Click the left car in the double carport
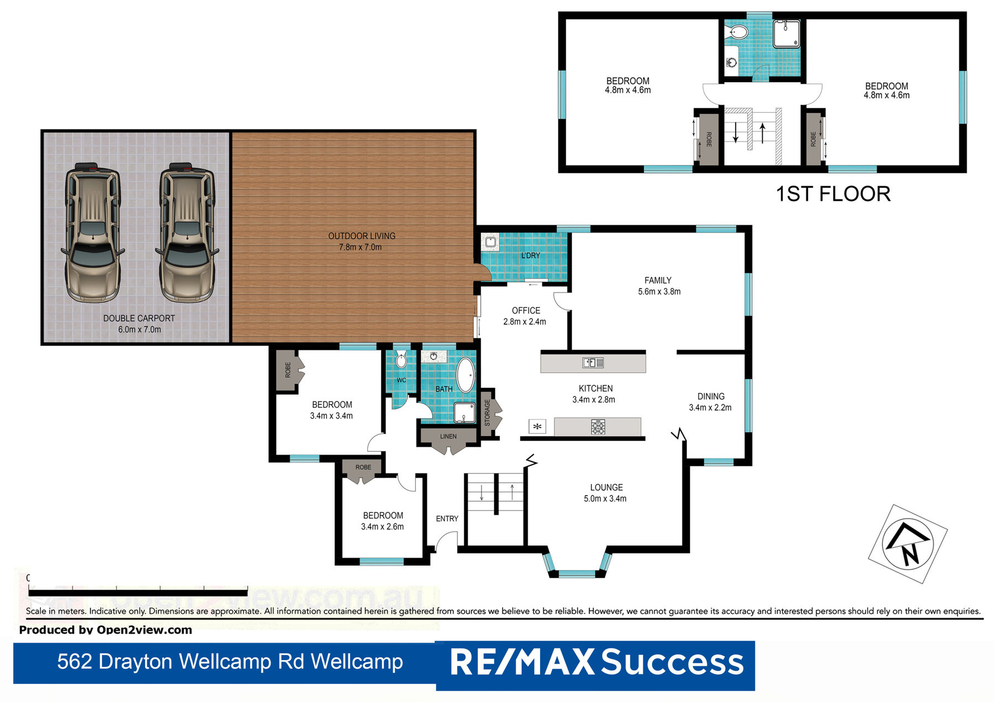click(92, 233)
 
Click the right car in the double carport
click(187, 233)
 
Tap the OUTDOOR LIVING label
click(362, 236)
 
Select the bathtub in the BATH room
click(466, 375)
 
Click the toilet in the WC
click(401, 361)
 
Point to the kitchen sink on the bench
click(593, 363)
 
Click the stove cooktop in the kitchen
click(598, 427)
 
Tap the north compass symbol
click(908, 544)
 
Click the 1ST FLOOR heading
click(833, 194)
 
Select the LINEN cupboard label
click(448, 437)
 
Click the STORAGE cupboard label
click(487, 413)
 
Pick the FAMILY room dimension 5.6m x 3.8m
click(659, 292)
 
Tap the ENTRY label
click(447, 519)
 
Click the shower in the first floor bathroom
click(786, 34)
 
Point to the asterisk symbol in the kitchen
click(537, 427)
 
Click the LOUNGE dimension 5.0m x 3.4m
click(605, 499)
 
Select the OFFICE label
click(526, 311)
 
